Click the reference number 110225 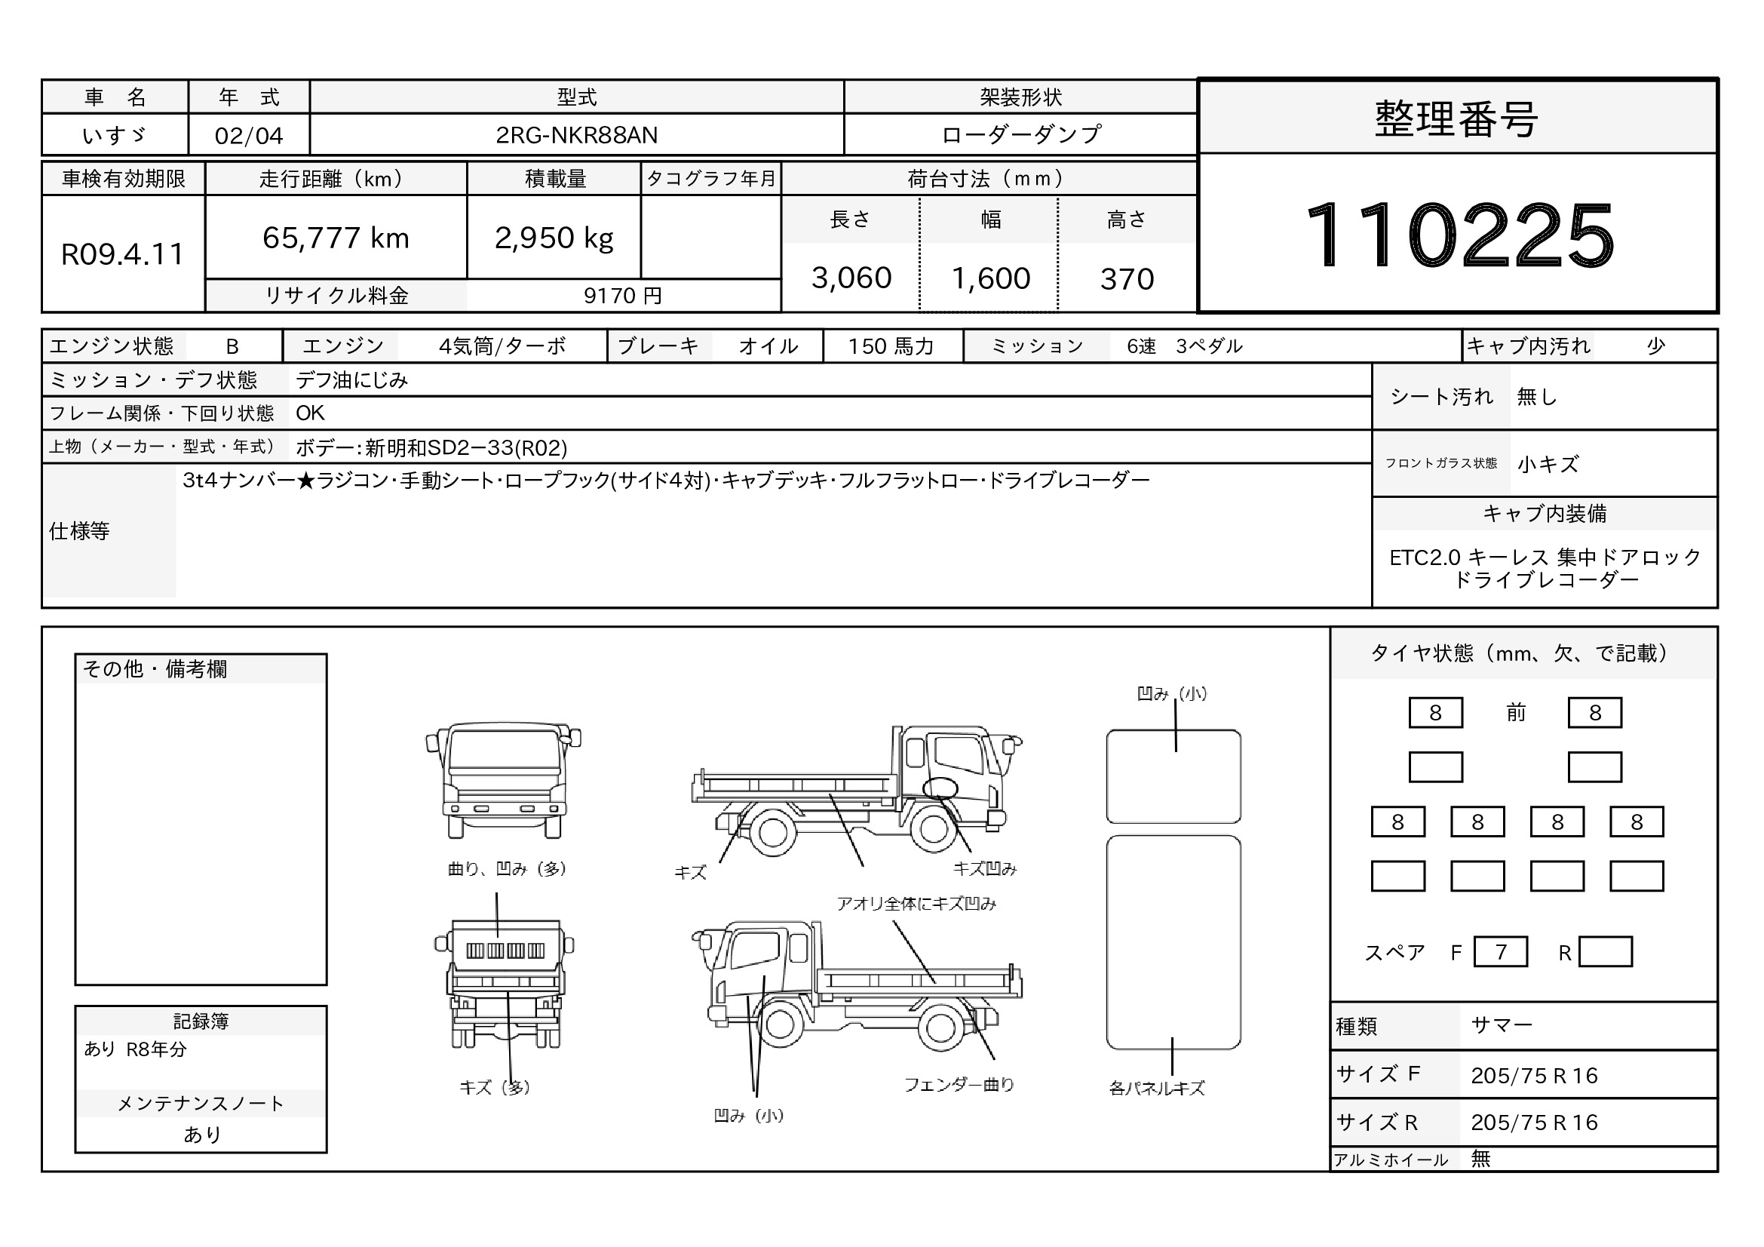[x=1459, y=235]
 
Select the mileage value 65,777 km [x=336, y=238]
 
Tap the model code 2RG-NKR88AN [x=577, y=135]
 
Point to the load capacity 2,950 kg [x=554, y=238]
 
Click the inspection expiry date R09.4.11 [x=123, y=254]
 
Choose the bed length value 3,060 [x=851, y=278]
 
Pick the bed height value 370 [x=1127, y=279]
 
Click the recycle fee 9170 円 [x=622, y=296]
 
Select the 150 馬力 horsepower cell [x=891, y=346]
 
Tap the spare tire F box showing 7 [x=1501, y=952]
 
